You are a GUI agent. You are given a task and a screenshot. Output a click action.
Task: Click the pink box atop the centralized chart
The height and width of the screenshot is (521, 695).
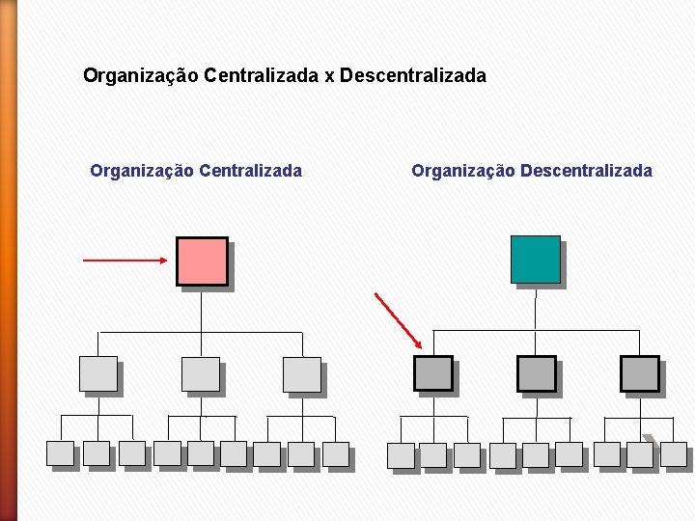point(202,261)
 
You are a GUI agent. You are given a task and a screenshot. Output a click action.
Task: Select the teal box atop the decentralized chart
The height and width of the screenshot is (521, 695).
point(536,260)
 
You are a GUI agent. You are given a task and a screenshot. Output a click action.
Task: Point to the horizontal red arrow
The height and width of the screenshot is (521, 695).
point(125,260)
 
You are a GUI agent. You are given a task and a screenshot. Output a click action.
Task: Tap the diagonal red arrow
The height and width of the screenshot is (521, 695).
point(398,319)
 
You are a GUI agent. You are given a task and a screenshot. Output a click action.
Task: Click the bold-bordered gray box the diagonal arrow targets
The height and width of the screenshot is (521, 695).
point(433,373)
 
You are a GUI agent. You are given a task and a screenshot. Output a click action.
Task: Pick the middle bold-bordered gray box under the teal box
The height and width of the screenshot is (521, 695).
point(537,373)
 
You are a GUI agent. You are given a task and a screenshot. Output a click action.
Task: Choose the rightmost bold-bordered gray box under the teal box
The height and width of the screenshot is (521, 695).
point(639,373)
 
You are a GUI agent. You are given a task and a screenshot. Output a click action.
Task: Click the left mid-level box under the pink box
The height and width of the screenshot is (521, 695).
point(97,373)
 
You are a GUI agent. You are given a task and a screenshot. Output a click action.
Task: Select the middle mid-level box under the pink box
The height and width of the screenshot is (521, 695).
point(201,373)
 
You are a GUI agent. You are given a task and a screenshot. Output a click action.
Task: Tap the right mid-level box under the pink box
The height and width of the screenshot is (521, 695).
point(302,373)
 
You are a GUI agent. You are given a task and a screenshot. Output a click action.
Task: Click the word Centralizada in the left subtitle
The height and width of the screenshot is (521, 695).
point(250,171)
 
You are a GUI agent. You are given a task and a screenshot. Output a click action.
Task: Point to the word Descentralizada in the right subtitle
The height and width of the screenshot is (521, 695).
point(586,171)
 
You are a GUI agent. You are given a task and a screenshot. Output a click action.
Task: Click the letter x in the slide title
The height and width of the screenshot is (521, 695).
point(328,74)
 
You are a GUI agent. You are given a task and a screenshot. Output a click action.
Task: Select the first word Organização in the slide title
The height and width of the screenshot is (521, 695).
point(141,74)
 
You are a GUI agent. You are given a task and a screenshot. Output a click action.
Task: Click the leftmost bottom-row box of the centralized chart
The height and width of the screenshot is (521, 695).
point(60,453)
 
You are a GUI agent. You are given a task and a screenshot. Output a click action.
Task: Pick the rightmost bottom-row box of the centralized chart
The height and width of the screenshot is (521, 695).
point(335,454)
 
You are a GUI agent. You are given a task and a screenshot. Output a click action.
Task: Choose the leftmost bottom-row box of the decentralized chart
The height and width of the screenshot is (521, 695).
point(401,455)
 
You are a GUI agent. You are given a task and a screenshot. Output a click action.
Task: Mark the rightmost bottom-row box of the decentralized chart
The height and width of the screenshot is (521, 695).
point(674,454)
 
